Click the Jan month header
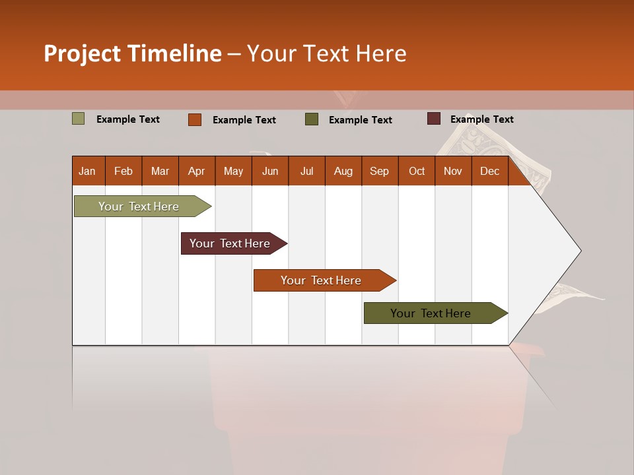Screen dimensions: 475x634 (x=88, y=171)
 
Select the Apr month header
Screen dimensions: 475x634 (x=197, y=171)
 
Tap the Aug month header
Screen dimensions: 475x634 (x=343, y=171)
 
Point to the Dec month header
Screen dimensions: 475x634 (x=490, y=171)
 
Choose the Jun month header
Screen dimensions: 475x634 (x=270, y=171)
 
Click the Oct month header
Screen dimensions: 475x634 (x=417, y=171)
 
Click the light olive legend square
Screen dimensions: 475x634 (x=78, y=119)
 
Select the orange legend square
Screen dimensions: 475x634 (x=195, y=119)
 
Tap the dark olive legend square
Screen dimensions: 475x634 (x=312, y=119)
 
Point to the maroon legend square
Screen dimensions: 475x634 (x=434, y=119)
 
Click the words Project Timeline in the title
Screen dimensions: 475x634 (x=132, y=53)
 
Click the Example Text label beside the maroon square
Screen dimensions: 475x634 (x=482, y=119)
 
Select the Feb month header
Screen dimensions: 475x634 (x=123, y=171)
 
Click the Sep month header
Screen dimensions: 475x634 (x=380, y=171)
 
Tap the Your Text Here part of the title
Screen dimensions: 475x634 (x=327, y=53)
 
